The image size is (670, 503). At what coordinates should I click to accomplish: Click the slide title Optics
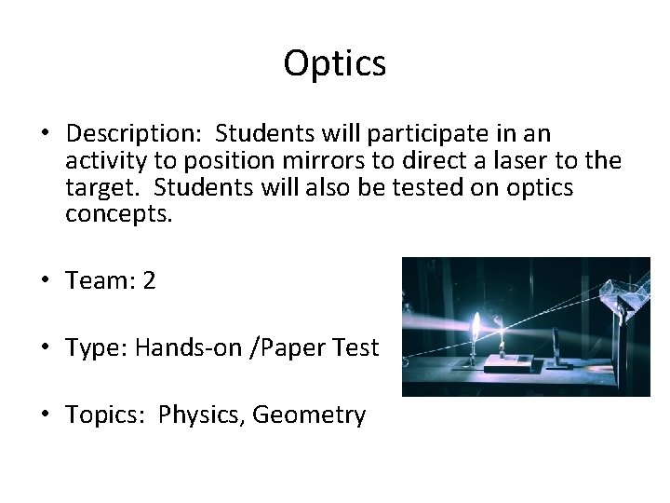point(335,63)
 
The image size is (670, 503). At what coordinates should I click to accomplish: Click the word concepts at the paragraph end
point(119,213)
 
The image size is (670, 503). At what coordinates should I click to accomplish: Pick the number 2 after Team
point(149,280)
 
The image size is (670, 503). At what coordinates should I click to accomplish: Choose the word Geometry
point(309,415)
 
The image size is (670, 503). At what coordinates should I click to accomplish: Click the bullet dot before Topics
point(45,415)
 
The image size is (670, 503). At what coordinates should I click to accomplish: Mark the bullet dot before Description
point(45,134)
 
